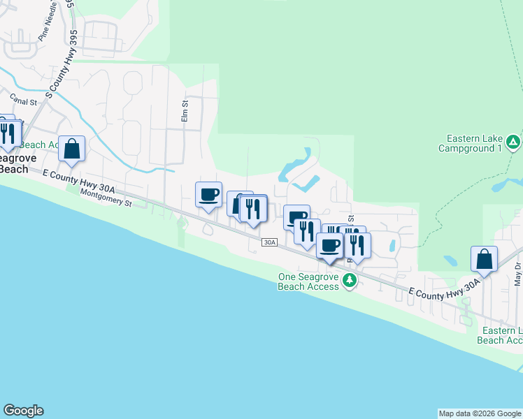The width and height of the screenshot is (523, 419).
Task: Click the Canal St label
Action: (23, 101)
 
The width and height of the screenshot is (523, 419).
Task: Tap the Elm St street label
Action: (185, 111)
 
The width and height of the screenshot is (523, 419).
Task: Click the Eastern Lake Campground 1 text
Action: (471, 144)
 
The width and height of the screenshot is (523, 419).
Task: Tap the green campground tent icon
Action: (513, 143)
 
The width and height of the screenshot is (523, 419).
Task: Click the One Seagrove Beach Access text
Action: (308, 281)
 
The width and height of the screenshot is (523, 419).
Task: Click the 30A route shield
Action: (271, 242)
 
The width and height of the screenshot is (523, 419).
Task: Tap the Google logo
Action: (23, 411)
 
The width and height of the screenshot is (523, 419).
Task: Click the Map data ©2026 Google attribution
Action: (479, 413)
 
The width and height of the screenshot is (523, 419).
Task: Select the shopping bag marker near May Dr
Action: (484, 259)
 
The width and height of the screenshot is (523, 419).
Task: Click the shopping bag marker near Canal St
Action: (71, 149)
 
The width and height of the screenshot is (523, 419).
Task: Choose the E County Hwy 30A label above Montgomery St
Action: (78, 181)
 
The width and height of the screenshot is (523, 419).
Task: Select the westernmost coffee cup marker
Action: (208, 194)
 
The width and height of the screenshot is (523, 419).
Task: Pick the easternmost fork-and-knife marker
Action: (357, 245)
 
